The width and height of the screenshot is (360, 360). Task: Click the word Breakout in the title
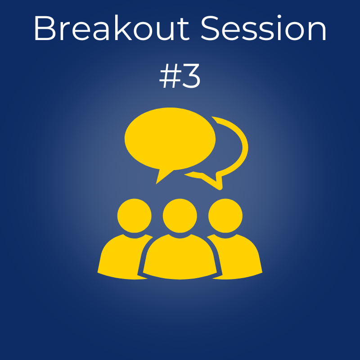coord(112,28)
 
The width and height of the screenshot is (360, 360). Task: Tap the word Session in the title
coord(264,28)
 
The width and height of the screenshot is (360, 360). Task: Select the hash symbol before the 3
coord(171,76)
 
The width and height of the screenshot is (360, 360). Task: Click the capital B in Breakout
coord(45,28)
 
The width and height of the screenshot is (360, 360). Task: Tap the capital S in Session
coord(210,28)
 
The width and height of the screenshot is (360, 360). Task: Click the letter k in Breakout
coord(123,27)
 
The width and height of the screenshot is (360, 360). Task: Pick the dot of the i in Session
coord(279,17)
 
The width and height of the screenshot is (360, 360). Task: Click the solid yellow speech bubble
coord(170,139)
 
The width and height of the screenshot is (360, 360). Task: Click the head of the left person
coord(134,216)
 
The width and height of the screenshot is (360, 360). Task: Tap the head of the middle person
coord(180,216)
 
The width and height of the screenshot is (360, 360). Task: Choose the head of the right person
coord(225,216)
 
